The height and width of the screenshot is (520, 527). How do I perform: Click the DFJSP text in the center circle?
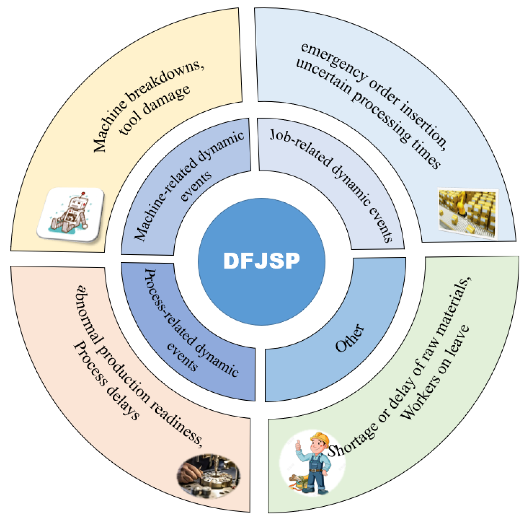point(261,261)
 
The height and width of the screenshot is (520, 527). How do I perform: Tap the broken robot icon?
point(71,214)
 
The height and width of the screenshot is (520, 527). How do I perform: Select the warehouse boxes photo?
point(468,213)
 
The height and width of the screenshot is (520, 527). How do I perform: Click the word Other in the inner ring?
point(349,338)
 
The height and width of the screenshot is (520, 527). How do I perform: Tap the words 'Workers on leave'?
point(435,373)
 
